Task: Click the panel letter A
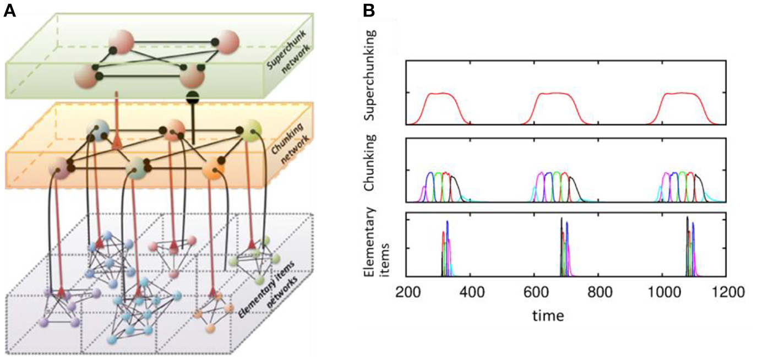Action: click(9, 11)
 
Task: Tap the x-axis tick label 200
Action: click(407, 292)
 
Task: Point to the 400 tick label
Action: click(471, 292)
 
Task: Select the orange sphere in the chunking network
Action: click(213, 166)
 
